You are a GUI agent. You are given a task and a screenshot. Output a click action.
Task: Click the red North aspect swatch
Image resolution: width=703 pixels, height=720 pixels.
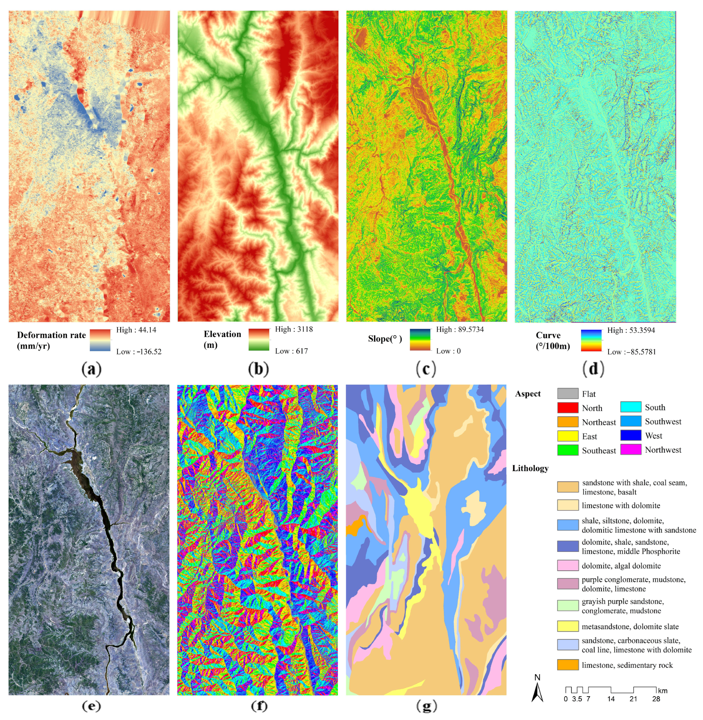tap(567, 408)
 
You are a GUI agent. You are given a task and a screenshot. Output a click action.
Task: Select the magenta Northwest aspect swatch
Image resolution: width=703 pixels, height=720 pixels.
tap(631, 449)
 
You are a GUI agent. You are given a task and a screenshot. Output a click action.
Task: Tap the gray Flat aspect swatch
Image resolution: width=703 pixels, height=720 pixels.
tap(567, 394)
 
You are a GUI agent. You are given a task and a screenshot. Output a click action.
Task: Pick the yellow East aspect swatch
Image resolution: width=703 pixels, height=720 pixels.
tap(567, 436)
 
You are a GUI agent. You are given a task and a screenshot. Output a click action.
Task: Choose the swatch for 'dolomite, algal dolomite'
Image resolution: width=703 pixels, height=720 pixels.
tap(567, 565)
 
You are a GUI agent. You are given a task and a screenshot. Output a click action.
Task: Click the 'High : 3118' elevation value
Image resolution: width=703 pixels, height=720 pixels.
tap(294, 329)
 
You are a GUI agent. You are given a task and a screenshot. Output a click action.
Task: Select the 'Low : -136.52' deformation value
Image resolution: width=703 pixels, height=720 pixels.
tap(139, 351)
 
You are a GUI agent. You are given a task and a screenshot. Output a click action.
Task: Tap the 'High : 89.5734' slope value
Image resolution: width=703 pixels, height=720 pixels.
tap(460, 329)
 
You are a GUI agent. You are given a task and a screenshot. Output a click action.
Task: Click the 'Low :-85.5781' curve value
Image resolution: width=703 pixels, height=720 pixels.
tap(631, 352)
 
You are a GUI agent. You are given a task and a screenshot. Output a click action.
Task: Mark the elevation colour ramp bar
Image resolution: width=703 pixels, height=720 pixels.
tap(259, 340)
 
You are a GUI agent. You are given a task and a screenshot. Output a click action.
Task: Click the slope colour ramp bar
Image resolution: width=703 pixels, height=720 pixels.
tap(420, 340)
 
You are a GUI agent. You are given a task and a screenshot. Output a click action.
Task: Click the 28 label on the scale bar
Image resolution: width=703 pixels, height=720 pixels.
tap(656, 699)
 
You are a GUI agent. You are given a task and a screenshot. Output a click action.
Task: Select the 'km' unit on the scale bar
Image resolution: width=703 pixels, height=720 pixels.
tap(663, 691)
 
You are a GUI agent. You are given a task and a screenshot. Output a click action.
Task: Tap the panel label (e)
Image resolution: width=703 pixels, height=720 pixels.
tap(91, 706)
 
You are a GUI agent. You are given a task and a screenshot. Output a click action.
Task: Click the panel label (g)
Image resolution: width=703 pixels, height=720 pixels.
tap(427, 706)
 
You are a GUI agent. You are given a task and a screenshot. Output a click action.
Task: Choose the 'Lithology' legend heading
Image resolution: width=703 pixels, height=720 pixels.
tap(530, 468)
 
